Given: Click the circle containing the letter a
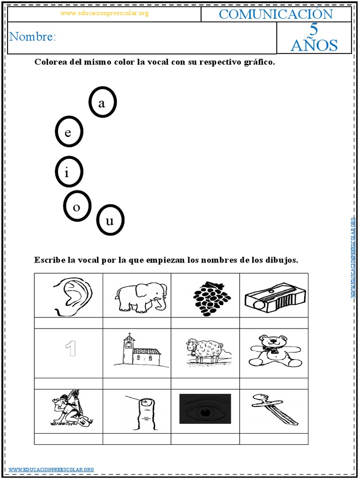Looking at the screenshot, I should point(103,103).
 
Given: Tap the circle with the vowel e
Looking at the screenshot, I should point(69,133).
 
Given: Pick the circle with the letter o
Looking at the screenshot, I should point(77,206).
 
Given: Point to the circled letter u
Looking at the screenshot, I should point(110,220).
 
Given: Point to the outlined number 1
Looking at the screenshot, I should point(71,349).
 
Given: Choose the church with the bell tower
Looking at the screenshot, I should point(138,351).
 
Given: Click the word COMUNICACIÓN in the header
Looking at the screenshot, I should point(276,14).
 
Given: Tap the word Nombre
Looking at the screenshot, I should point(32,37).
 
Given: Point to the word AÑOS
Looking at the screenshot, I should point(314,45).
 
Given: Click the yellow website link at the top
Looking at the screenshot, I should point(104,13).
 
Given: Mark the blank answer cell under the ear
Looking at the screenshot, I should point(68,323).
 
